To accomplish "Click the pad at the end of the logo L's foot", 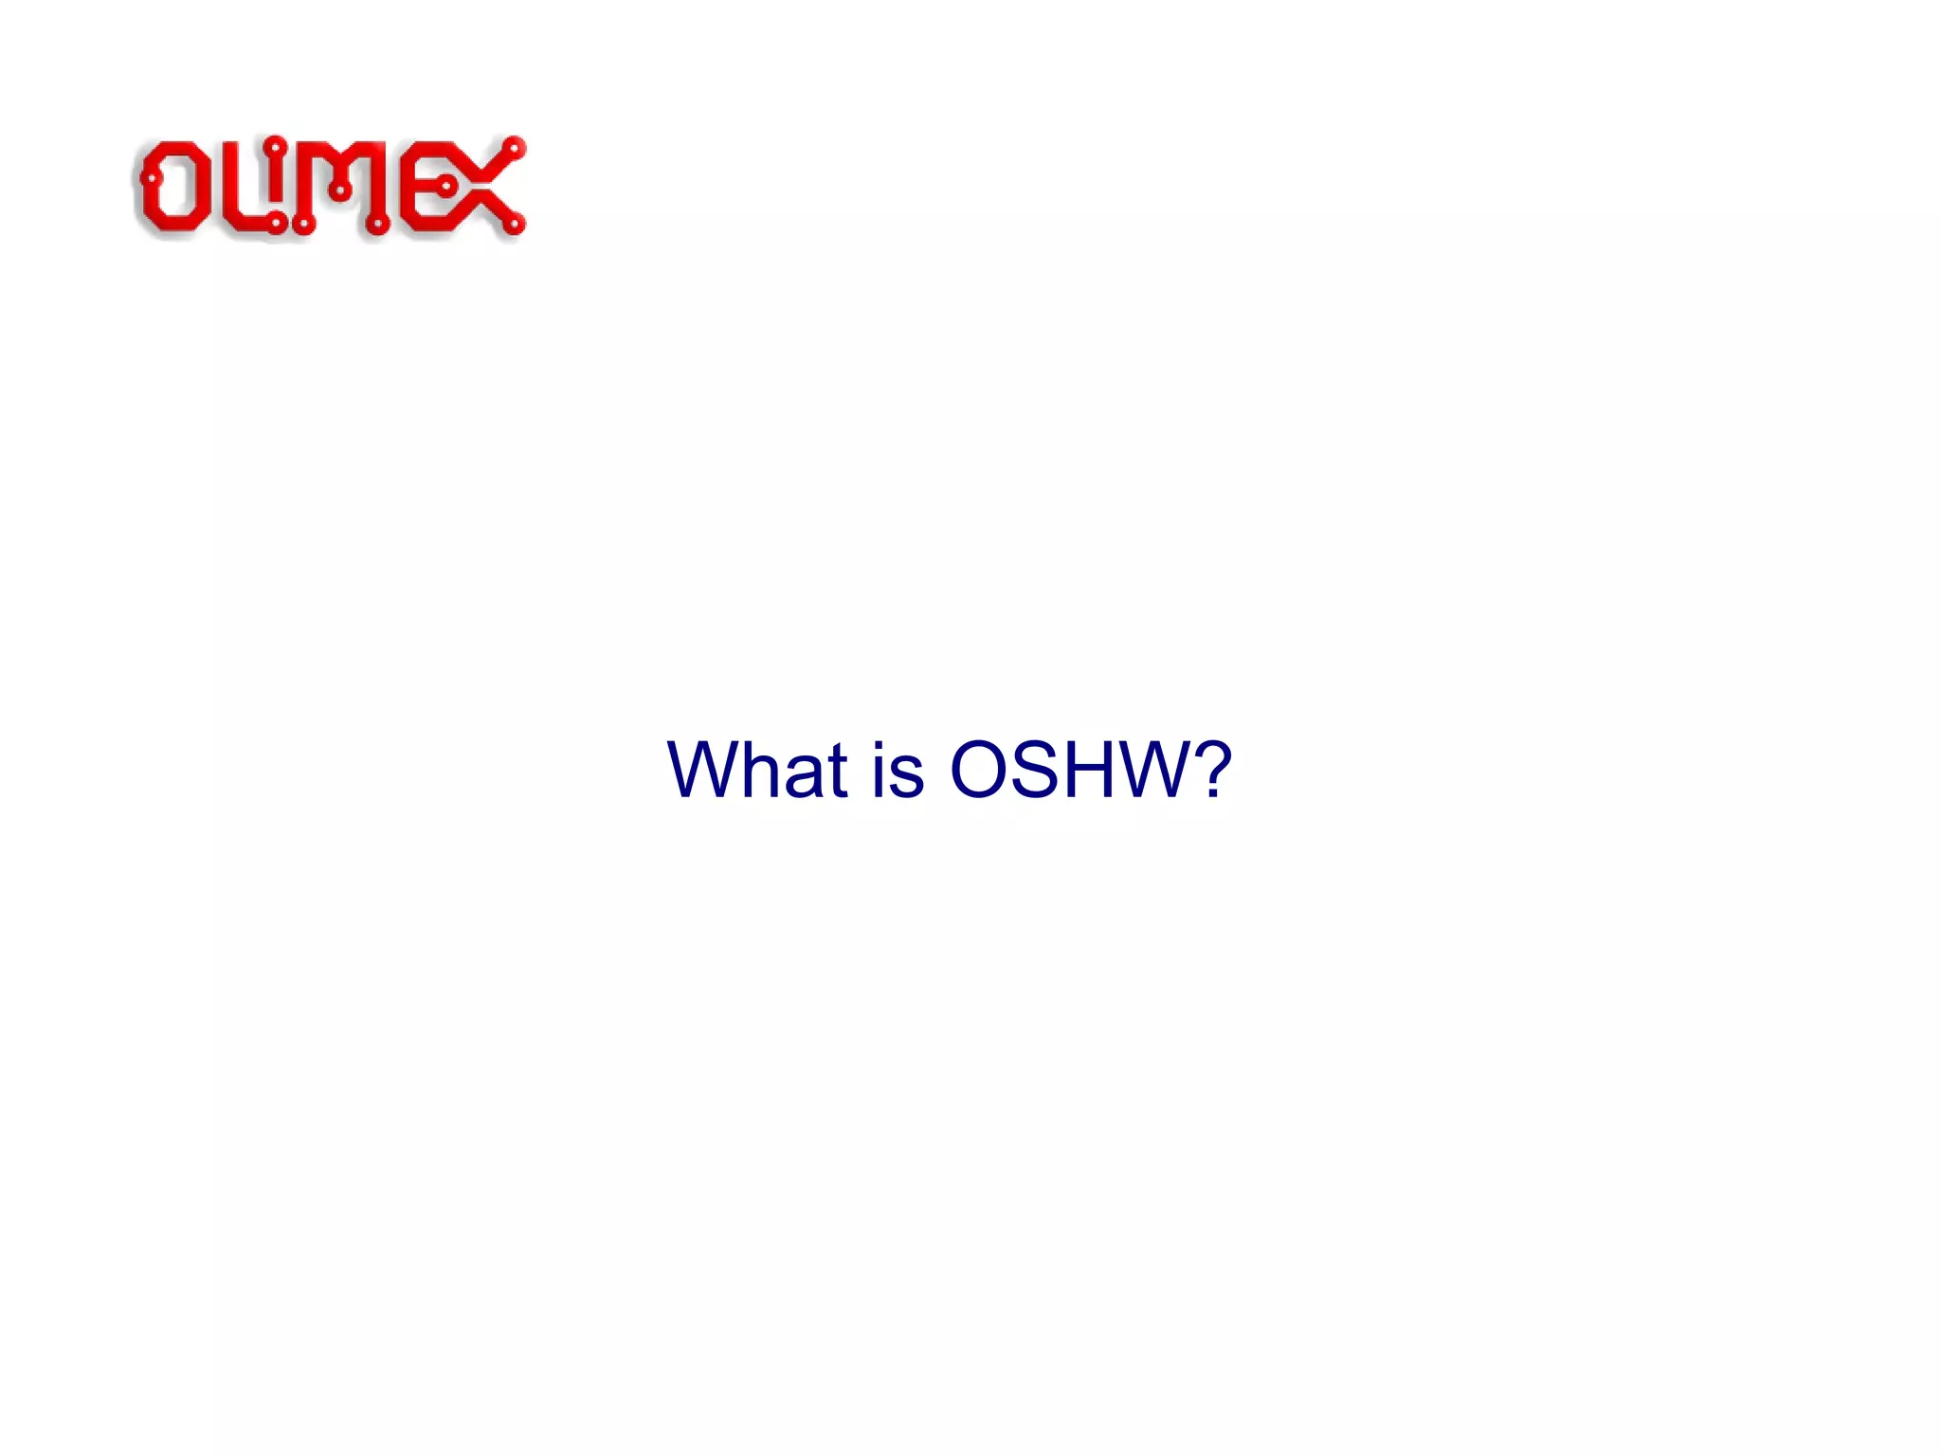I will (x=276, y=225).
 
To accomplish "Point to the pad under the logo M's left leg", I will (x=303, y=226).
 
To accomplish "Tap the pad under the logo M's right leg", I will (x=377, y=226).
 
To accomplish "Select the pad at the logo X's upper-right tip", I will (x=515, y=149).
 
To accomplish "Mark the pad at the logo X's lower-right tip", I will (x=514, y=225).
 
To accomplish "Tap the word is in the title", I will (x=898, y=769).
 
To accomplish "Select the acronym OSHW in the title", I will (x=1068, y=769).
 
